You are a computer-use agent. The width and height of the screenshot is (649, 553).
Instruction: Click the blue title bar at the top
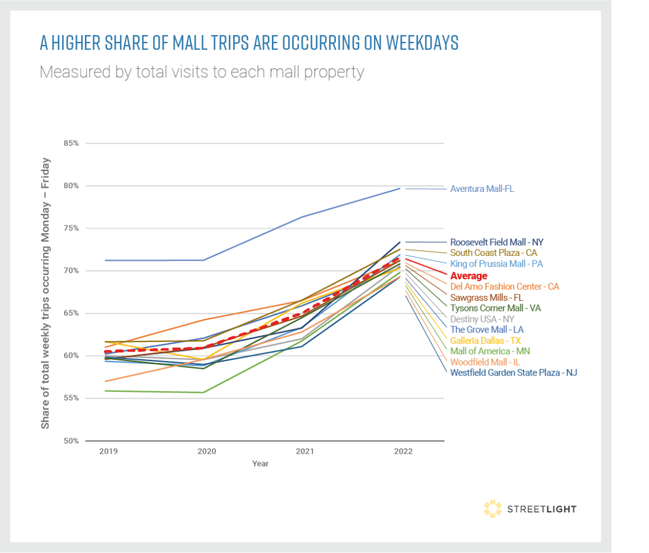coord(320,42)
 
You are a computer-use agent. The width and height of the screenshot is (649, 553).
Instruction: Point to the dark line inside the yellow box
coord(553,509)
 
